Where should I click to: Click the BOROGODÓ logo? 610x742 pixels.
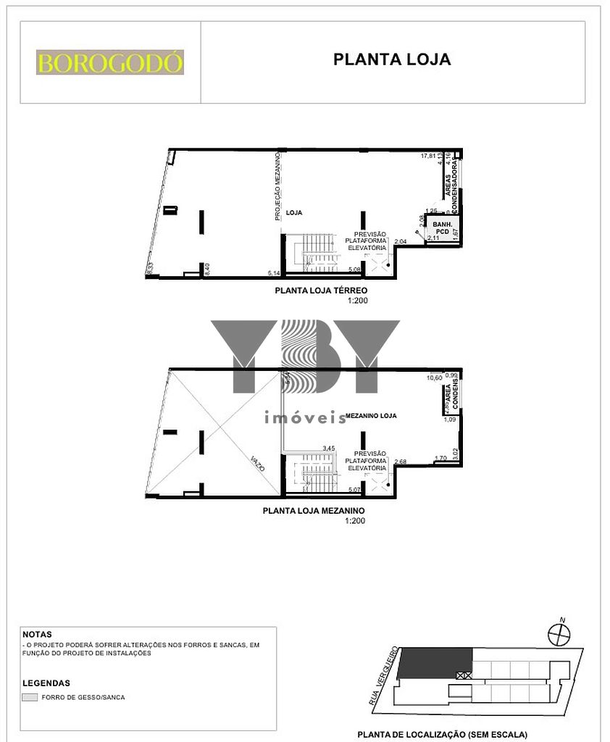click(x=110, y=62)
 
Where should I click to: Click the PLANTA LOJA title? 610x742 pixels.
click(x=392, y=59)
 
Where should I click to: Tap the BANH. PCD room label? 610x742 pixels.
click(x=443, y=228)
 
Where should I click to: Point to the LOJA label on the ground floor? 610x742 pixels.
click(x=293, y=213)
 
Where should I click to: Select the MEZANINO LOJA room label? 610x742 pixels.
click(x=369, y=416)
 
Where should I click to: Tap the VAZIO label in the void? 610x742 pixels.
click(x=257, y=464)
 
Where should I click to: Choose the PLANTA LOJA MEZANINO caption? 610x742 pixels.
click(x=314, y=511)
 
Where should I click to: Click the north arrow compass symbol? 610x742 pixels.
click(x=559, y=634)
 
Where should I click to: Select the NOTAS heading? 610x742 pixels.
click(x=38, y=634)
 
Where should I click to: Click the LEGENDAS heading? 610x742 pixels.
click(x=46, y=683)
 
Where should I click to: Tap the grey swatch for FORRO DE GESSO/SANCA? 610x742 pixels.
click(x=30, y=698)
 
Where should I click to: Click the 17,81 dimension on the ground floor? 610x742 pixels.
click(x=430, y=156)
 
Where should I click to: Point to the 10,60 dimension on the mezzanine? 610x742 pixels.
click(x=434, y=378)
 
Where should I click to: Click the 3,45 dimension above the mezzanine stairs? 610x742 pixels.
click(x=330, y=449)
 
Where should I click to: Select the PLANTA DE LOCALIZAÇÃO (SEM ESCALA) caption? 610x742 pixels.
click(x=442, y=734)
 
